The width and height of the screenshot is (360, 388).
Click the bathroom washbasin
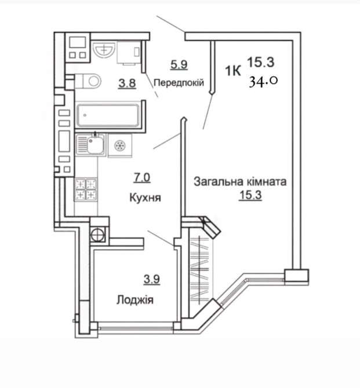click(x=104, y=49)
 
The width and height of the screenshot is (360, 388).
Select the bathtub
click(x=108, y=115)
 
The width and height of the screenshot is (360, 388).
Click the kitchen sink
click(x=90, y=145)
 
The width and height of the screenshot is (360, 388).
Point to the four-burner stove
click(x=86, y=189)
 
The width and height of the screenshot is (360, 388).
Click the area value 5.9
click(x=179, y=65)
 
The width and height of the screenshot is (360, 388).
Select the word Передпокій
click(x=179, y=82)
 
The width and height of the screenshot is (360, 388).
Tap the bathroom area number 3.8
click(x=127, y=83)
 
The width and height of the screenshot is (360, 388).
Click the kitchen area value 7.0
click(x=142, y=178)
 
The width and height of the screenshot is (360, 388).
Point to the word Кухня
click(x=145, y=197)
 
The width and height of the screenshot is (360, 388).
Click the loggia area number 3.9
click(x=152, y=280)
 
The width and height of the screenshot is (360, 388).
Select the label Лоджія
click(x=135, y=300)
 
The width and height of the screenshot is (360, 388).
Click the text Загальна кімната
click(x=240, y=182)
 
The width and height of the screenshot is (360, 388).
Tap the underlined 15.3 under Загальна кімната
click(x=250, y=195)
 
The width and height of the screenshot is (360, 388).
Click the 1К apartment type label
click(x=233, y=71)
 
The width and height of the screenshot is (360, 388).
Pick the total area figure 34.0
click(x=263, y=81)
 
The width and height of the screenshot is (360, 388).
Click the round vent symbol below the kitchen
click(x=97, y=234)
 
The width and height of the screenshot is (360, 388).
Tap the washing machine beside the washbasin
click(x=129, y=53)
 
